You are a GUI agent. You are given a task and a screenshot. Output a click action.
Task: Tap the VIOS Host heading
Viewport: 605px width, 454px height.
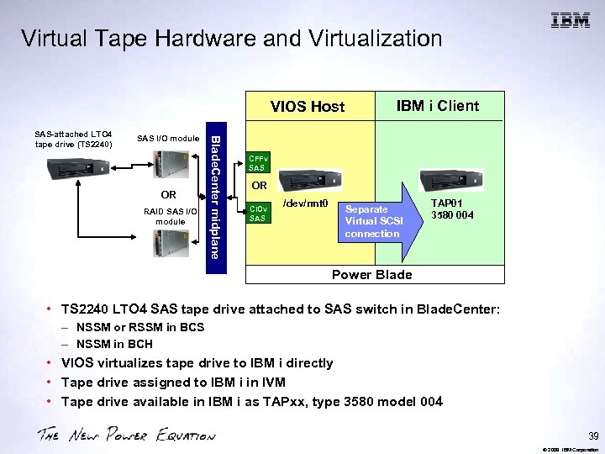tap(307, 106)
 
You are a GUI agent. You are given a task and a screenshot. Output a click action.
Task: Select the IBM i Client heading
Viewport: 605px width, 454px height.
tap(437, 105)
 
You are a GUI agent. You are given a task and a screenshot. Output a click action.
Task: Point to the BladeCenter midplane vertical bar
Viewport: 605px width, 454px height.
tap(215, 202)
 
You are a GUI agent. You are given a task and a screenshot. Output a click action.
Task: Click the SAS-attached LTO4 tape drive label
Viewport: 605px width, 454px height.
tap(74, 138)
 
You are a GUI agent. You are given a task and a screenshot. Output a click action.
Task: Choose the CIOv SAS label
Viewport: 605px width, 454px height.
tap(259, 213)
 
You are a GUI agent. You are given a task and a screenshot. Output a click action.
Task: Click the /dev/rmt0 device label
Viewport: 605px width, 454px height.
tap(304, 203)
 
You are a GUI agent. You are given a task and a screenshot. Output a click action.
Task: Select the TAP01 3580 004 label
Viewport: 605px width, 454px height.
tap(452, 209)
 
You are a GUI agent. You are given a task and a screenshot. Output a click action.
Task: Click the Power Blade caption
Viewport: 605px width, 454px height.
tap(371, 275)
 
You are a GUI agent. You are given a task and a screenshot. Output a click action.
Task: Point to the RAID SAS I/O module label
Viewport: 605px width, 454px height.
tap(170, 217)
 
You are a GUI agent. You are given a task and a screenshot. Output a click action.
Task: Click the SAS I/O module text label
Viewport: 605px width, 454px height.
tap(168, 138)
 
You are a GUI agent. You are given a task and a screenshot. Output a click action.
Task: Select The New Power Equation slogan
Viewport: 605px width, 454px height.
tap(125, 436)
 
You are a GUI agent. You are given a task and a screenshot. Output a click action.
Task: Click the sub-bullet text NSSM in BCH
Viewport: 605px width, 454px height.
tap(114, 344)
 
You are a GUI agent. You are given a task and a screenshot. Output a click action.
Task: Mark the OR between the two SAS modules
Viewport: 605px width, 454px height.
tap(168, 194)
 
